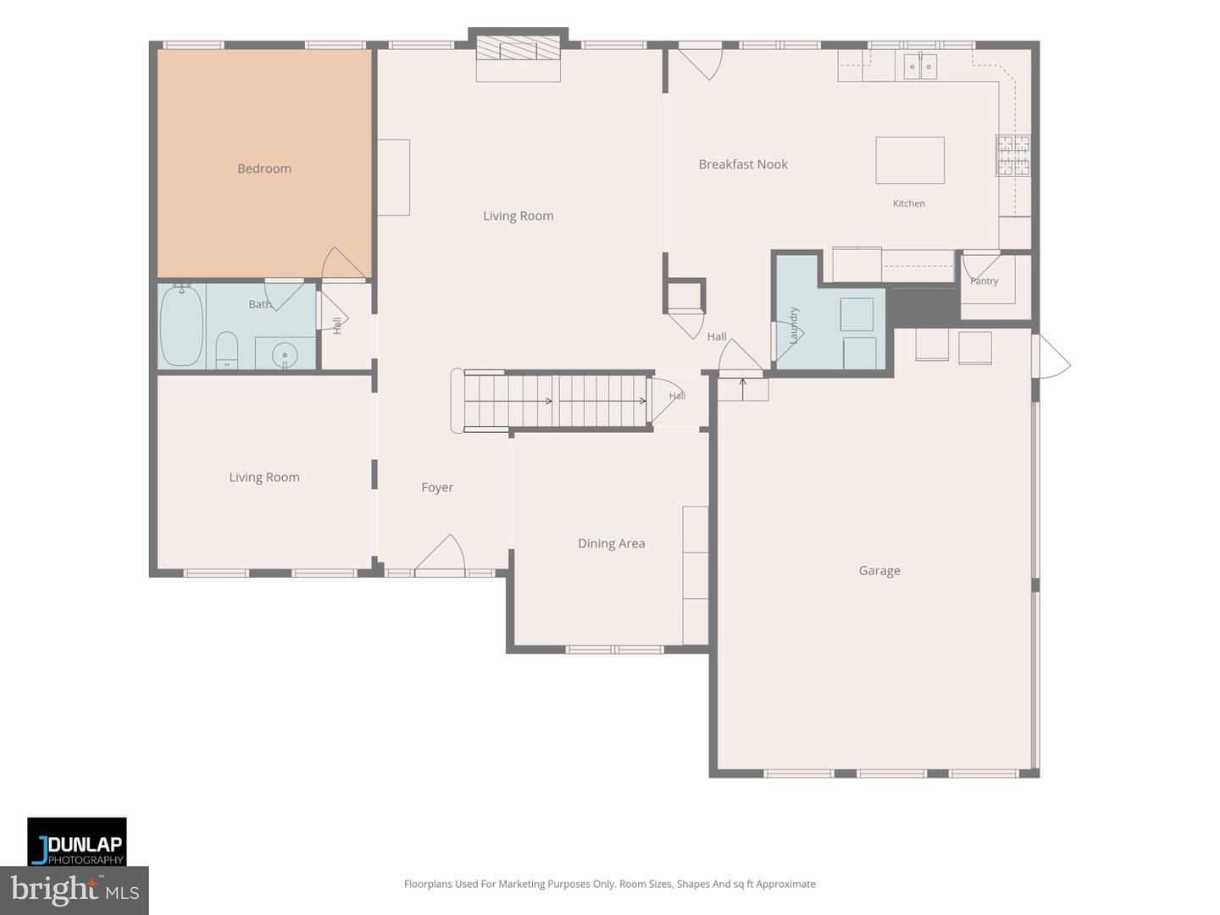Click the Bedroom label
pyautogui.click(x=264, y=169)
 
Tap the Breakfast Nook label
pyautogui.click(x=742, y=164)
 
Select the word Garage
pyautogui.click(x=879, y=570)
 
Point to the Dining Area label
pyautogui.click(x=612, y=543)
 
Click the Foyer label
pyautogui.click(x=437, y=487)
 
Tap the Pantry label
pyautogui.click(x=984, y=281)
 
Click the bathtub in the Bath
pyautogui.click(x=182, y=325)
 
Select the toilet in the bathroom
pyautogui.click(x=226, y=349)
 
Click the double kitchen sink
pyautogui.click(x=920, y=67)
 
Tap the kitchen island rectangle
pyautogui.click(x=910, y=160)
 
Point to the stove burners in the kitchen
pyautogui.click(x=1013, y=156)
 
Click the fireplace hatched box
pyautogui.click(x=518, y=47)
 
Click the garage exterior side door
pyautogui.click(x=1051, y=356)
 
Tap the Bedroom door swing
pyautogui.click(x=343, y=263)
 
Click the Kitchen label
pyautogui.click(x=909, y=203)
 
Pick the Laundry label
pyautogui.click(x=794, y=325)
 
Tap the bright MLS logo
pyautogui.click(x=75, y=890)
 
